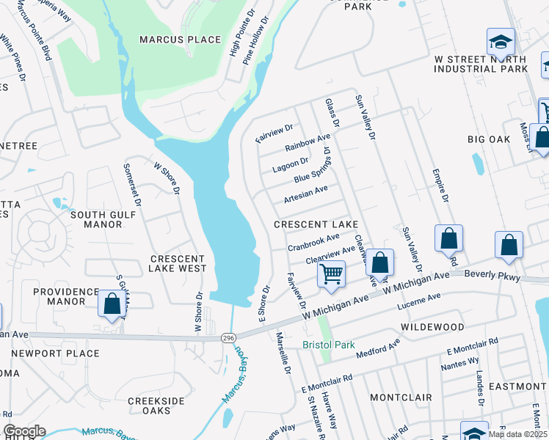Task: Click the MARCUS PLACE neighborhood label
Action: (x=180, y=40)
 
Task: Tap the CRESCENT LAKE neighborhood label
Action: (x=316, y=224)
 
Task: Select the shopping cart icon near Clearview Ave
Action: (x=332, y=274)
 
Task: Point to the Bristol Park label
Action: (x=329, y=345)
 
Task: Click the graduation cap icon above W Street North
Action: (x=501, y=43)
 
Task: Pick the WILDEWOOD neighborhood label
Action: (x=432, y=326)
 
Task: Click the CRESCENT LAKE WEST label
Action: (x=178, y=263)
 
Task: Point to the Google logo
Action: (x=24, y=431)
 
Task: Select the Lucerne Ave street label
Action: (x=418, y=301)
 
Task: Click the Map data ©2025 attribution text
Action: (x=517, y=434)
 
